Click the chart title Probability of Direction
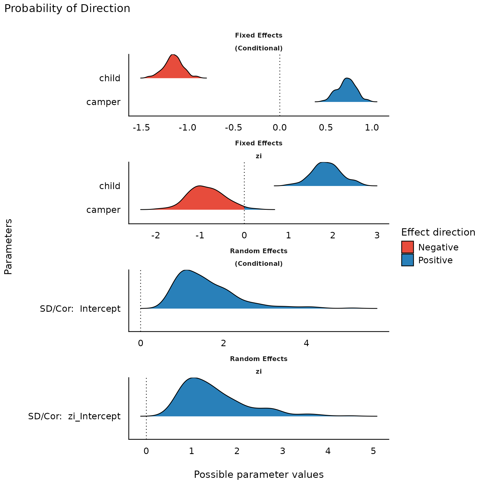67,9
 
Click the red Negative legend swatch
407,247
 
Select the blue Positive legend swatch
407,260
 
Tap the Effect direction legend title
438,232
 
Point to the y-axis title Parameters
8,246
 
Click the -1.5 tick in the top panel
141,128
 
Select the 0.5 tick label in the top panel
326,128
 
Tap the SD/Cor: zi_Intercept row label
74,416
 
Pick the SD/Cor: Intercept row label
80,309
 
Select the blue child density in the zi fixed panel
325,175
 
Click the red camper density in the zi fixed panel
202,199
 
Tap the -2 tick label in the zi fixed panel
155,236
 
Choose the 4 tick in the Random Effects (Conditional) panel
306,343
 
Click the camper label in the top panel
103,102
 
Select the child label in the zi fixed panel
110,186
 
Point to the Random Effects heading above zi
259,359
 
